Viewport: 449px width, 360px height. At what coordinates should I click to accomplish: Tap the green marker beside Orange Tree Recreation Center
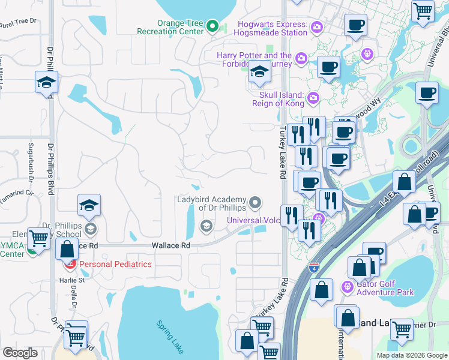pos(212,26)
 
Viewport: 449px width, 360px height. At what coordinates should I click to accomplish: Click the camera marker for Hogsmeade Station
pos(316,27)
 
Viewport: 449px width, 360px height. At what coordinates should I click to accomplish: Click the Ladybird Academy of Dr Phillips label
pos(211,203)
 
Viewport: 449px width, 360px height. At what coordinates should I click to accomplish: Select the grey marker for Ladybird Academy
pos(256,203)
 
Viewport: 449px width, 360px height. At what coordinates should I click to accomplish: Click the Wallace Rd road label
pos(170,246)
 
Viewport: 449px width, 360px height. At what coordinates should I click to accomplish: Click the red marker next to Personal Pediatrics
pos(70,264)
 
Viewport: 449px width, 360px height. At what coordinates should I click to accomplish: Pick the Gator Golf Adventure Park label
pos(385,288)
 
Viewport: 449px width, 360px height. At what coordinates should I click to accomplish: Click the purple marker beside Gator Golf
pos(346,287)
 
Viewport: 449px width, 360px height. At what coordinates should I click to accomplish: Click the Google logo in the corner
pos(20,353)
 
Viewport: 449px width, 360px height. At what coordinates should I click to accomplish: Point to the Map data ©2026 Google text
pos(412,355)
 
